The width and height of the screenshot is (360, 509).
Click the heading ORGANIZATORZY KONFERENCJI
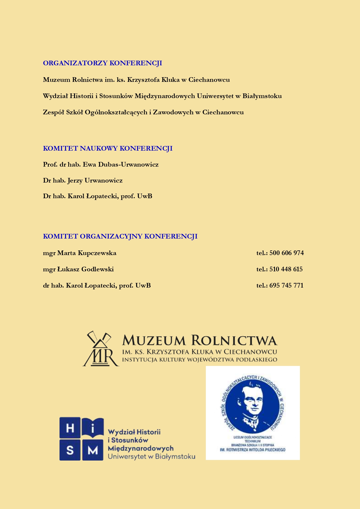[102, 63]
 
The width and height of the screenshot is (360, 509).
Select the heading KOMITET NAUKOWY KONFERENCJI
[108, 149]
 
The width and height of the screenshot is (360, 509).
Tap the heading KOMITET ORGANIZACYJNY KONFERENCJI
[120, 237]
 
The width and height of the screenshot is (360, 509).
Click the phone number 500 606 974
[287, 253]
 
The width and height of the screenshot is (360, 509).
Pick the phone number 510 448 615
[286, 269]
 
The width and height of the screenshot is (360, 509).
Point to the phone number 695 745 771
[286, 286]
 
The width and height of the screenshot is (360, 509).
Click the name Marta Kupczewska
[87, 253]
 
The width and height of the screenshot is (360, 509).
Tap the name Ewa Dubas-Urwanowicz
[121, 165]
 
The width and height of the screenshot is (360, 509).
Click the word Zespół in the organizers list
[53, 112]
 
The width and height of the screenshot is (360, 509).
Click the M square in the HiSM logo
[93, 450]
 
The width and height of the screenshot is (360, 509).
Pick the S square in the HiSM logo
[70, 450]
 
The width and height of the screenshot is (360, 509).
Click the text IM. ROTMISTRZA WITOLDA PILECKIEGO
[253, 450]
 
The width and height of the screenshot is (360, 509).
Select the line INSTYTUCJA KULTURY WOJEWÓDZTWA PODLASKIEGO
[199, 360]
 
